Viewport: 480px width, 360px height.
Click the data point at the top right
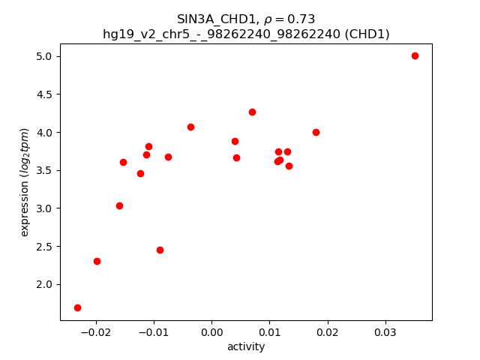pyautogui.click(x=415, y=55)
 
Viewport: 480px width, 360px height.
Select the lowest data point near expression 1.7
pyautogui.click(x=77, y=307)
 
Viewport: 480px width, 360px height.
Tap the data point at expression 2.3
pyautogui.click(x=97, y=261)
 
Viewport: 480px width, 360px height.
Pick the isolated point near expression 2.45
pyautogui.click(x=160, y=250)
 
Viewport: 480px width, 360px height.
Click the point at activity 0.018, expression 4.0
pyautogui.click(x=316, y=132)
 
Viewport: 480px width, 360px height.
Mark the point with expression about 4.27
pyautogui.click(x=252, y=112)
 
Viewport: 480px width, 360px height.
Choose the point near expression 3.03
pyautogui.click(x=119, y=205)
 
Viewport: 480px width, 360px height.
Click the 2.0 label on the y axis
pyautogui.click(x=44, y=284)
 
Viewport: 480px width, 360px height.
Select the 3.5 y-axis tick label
pyautogui.click(x=44, y=170)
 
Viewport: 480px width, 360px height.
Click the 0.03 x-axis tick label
pyautogui.click(x=385, y=332)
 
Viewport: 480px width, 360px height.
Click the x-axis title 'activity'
pyautogui.click(x=246, y=346)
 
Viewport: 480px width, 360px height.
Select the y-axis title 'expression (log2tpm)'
pyautogui.click(x=25, y=182)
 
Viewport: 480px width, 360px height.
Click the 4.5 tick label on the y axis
pyautogui.click(x=44, y=94)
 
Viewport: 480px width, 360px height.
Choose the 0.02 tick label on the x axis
pyautogui.click(x=328, y=332)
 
